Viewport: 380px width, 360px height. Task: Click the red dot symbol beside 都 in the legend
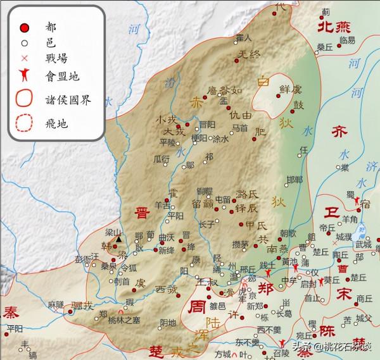24,28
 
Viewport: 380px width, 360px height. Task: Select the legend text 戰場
54,59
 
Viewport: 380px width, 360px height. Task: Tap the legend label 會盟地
58,75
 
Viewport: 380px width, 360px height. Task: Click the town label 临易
347,40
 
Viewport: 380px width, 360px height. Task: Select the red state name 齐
341,132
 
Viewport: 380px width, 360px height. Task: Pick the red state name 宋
343,294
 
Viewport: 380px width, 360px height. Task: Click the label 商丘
364,298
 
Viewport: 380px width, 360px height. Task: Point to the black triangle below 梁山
118,239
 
